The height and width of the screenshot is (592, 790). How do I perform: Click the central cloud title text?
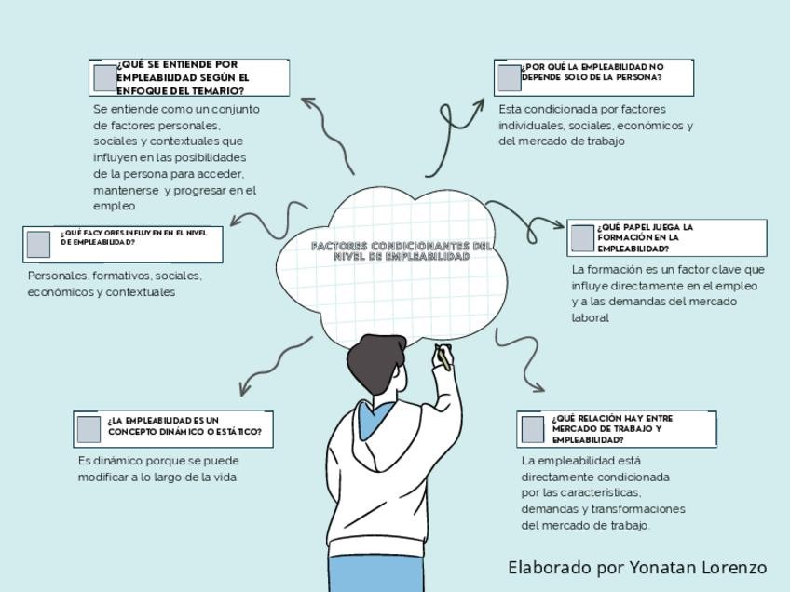[x=402, y=250]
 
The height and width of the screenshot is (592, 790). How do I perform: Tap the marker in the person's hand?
[x=443, y=358]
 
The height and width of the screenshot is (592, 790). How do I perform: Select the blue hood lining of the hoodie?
[x=373, y=419]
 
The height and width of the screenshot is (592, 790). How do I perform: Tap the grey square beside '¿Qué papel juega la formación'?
[x=582, y=238]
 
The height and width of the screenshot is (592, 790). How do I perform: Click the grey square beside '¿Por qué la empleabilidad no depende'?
[x=509, y=78]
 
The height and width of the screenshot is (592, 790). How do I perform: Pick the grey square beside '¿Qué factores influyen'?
[x=38, y=244]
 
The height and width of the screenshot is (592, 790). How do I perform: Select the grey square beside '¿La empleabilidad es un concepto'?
[x=89, y=429]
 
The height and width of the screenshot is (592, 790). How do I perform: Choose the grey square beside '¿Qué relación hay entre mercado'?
[x=532, y=429]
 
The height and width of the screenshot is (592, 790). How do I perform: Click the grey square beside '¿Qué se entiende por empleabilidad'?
[x=104, y=78]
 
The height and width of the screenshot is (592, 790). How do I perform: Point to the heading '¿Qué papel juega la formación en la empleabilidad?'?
[x=646, y=238]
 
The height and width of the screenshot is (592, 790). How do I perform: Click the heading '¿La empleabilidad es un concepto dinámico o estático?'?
[x=184, y=426]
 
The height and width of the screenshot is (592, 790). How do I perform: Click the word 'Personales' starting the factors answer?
[x=58, y=276]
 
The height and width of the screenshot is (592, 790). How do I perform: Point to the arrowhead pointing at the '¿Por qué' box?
[x=478, y=103]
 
